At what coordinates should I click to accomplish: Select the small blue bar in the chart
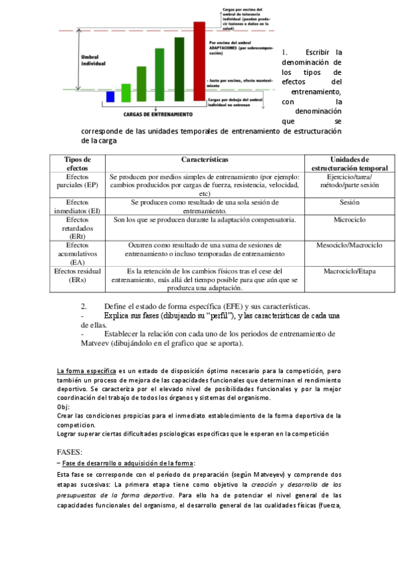click(x=110, y=97)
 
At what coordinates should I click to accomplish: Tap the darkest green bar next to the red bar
click(x=179, y=70)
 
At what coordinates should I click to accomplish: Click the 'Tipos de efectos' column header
click(x=77, y=164)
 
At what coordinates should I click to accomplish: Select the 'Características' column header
click(x=205, y=160)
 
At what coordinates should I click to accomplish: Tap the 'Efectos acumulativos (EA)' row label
click(x=77, y=253)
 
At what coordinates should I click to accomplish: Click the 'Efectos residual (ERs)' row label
click(x=77, y=275)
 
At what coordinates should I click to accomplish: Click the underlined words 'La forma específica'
click(x=87, y=370)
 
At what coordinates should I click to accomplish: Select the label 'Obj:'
click(x=63, y=407)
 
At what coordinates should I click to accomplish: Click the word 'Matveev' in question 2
click(x=99, y=344)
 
